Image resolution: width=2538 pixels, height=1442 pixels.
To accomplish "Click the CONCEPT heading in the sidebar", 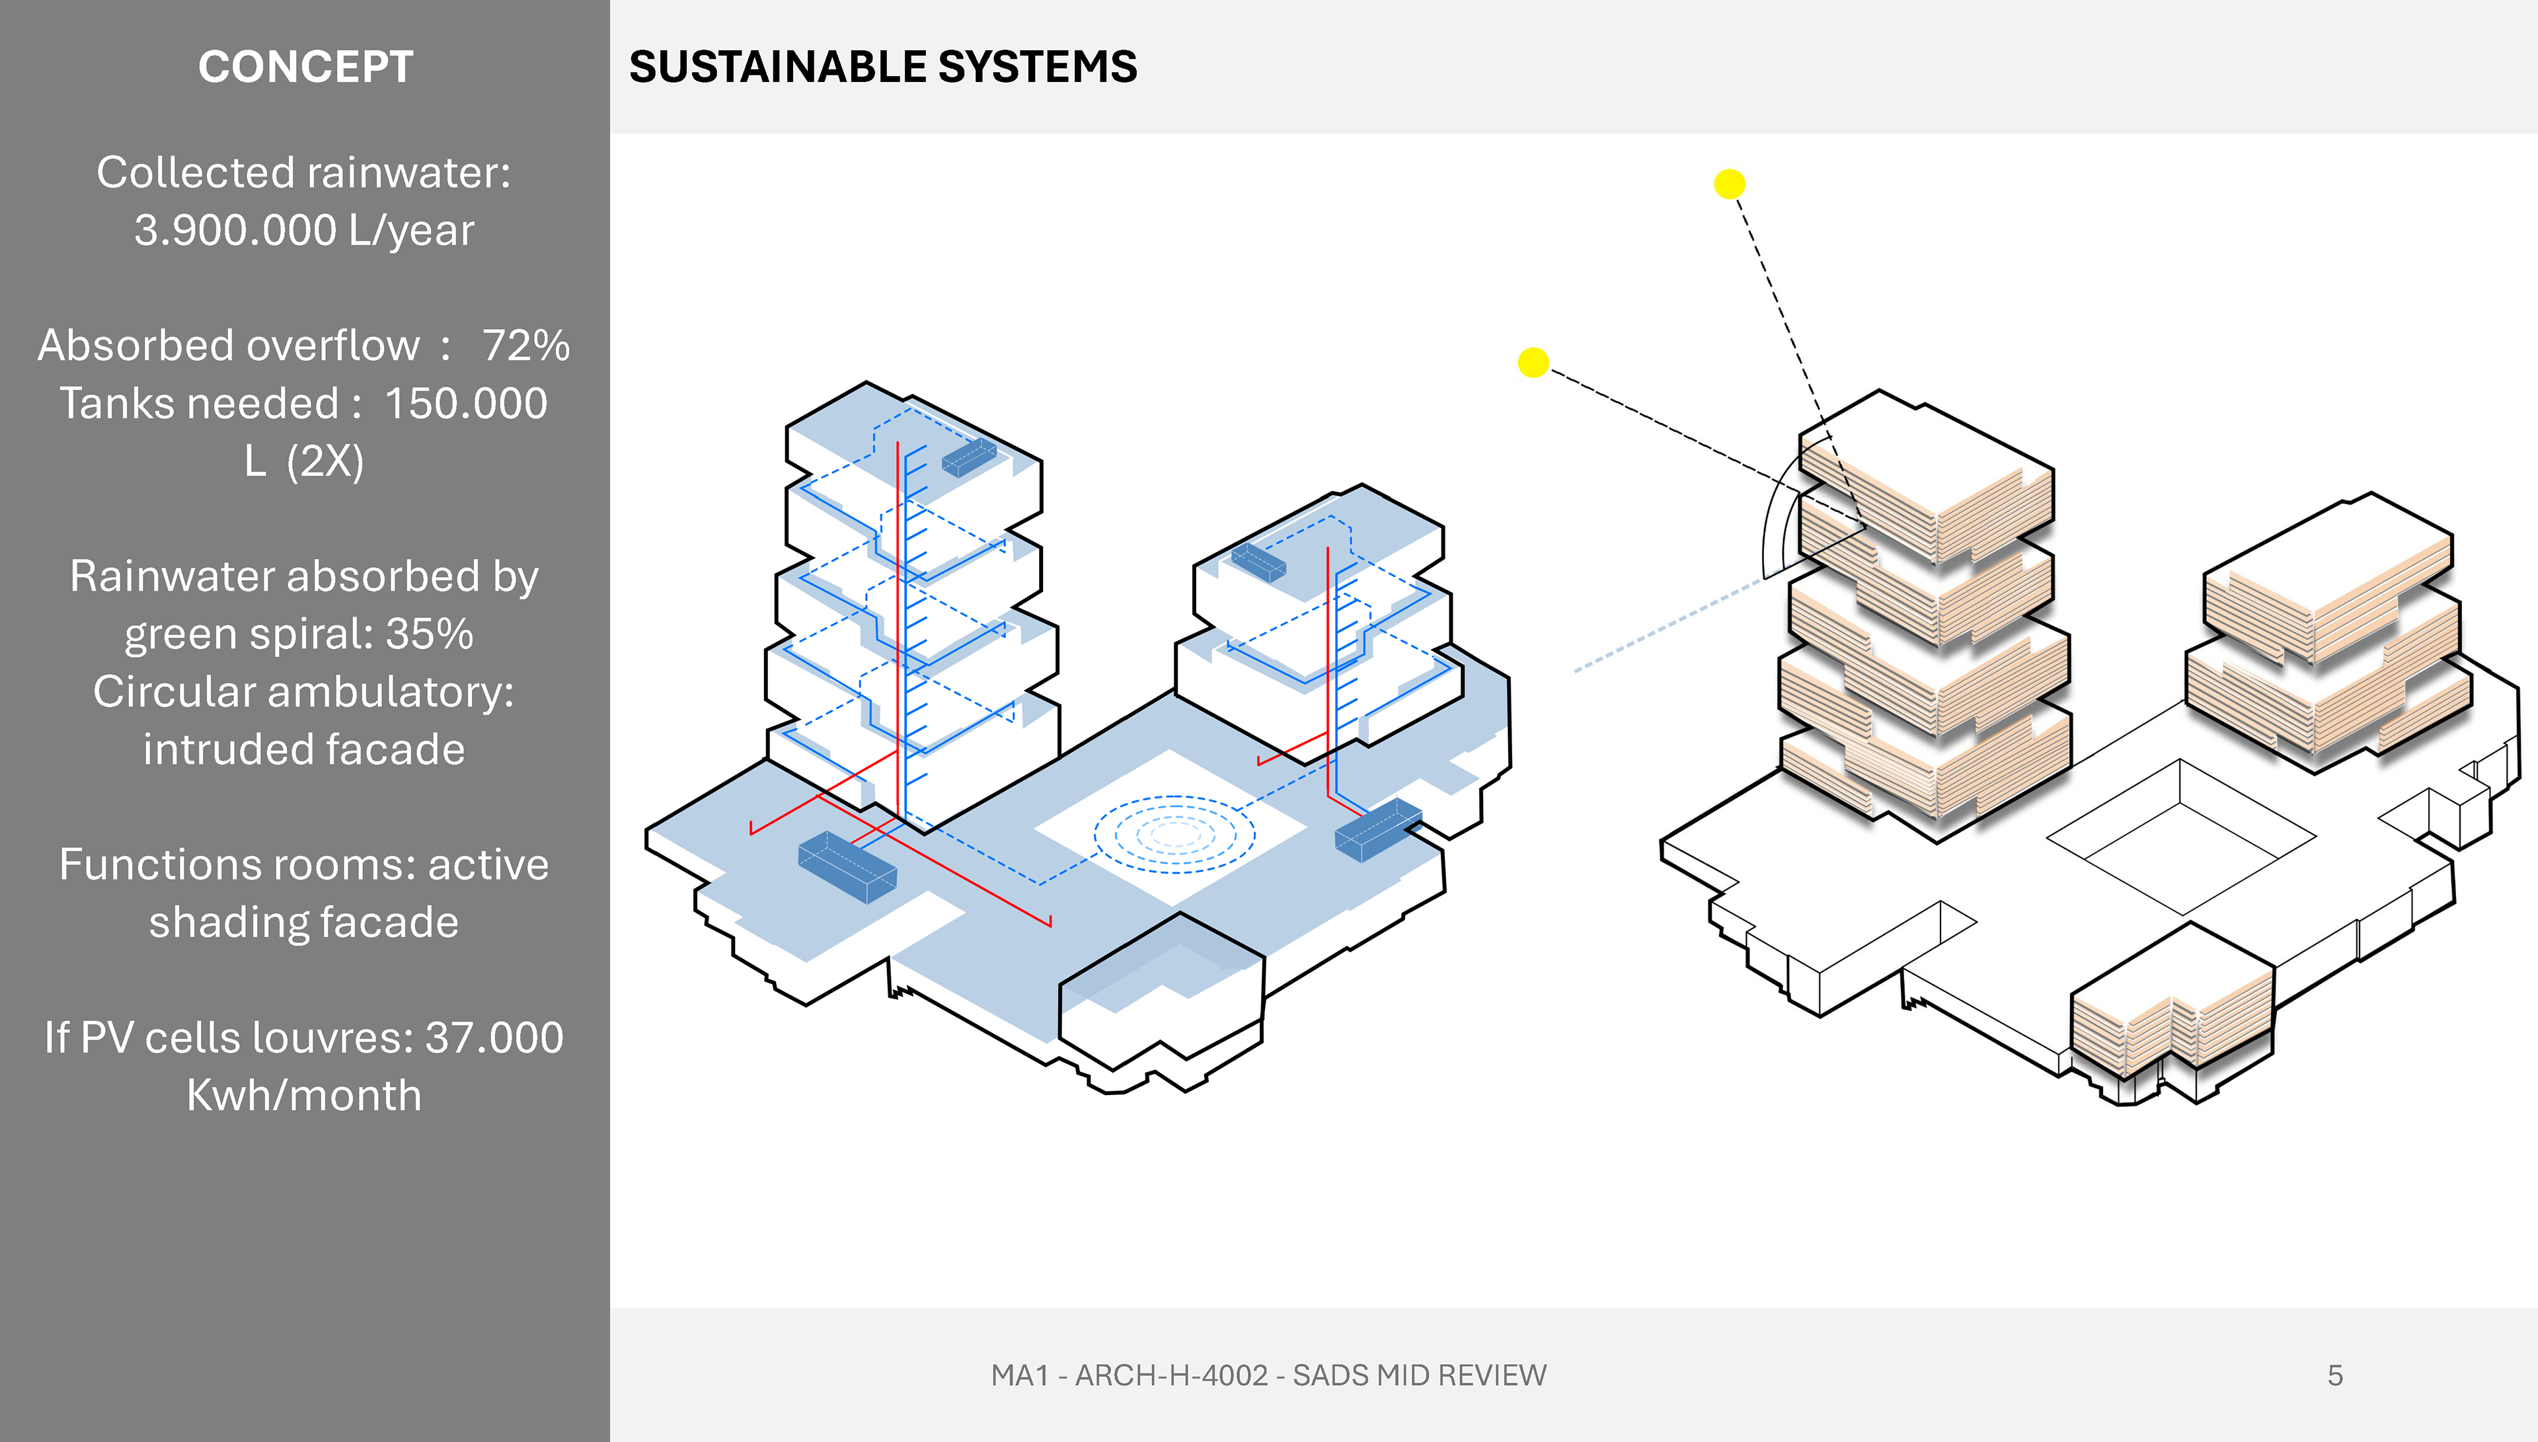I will click(x=305, y=67).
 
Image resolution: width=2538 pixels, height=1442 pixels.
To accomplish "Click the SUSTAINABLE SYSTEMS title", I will click(x=882, y=67).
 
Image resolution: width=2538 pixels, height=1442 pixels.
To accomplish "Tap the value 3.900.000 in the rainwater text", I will click(x=236, y=231).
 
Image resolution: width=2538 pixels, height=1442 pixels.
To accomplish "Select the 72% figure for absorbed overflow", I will click(x=526, y=346).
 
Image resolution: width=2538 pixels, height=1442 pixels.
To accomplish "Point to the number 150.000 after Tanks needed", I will click(x=465, y=404).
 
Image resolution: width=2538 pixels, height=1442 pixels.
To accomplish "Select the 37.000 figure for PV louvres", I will click(x=494, y=1038).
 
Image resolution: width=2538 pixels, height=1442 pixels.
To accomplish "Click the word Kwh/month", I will click(x=304, y=1095).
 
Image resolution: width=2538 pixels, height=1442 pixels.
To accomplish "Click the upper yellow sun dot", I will click(x=1729, y=184).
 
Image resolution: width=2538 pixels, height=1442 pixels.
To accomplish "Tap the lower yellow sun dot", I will click(x=1533, y=362).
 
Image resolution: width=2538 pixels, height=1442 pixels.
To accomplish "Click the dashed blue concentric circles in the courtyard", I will click(x=1174, y=834).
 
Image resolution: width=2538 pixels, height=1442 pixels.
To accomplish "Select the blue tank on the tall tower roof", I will click(x=968, y=457).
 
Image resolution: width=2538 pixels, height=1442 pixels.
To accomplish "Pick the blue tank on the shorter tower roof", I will click(x=1258, y=562).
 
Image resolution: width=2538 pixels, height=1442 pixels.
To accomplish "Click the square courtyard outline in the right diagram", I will click(x=2180, y=837).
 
